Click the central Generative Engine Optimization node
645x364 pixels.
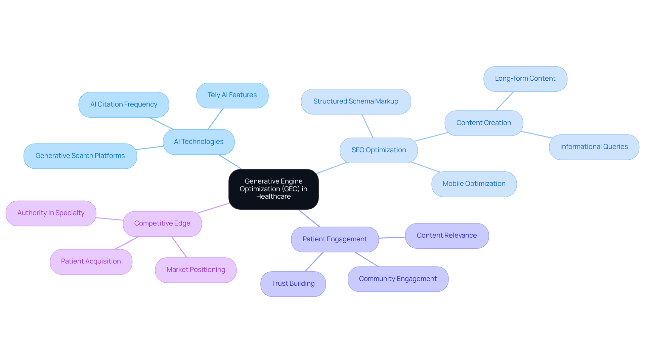[x=273, y=189]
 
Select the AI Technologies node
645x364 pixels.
[x=199, y=142]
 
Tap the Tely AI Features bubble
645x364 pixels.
[x=232, y=95]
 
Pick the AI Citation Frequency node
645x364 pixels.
[x=124, y=105]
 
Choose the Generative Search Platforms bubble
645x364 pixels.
[x=80, y=156]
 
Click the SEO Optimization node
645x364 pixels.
[x=379, y=150]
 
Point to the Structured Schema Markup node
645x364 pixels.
[x=356, y=102]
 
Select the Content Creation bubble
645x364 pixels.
[x=483, y=123]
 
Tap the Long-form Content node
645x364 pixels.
[x=525, y=79]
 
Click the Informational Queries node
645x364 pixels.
[x=594, y=147]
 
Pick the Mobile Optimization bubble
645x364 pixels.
[x=474, y=184]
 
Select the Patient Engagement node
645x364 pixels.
[x=335, y=239]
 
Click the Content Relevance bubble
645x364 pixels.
[x=446, y=236]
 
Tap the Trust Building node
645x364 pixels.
[x=293, y=284]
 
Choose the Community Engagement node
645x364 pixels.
[x=398, y=279]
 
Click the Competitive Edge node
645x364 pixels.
[x=162, y=224]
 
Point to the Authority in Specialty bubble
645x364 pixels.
[x=51, y=213]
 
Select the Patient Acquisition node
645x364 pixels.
[x=91, y=261]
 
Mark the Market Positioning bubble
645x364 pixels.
[x=196, y=270]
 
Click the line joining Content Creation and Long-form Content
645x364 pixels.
[x=505, y=101]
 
